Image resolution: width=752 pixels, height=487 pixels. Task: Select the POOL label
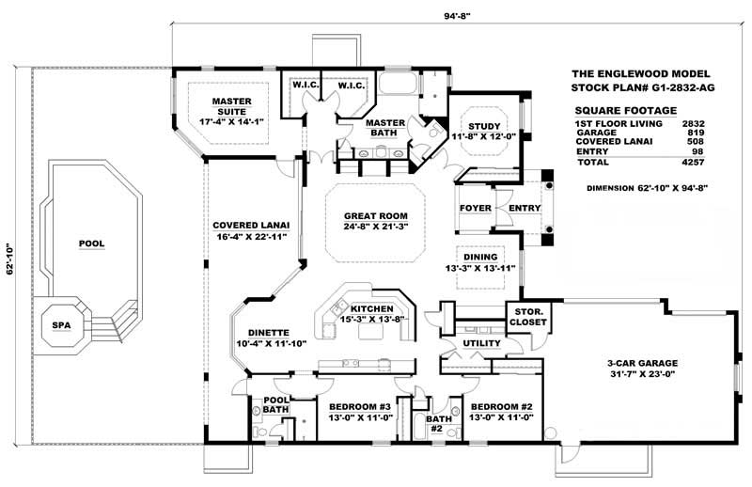(x=92, y=243)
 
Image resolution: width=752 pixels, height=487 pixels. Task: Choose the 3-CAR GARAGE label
(x=643, y=362)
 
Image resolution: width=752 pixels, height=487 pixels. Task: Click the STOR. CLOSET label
(x=526, y=320)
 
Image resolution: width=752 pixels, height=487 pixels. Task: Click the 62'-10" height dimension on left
(x=11, y=259)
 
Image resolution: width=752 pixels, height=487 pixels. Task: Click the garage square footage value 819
(x=696, y=134)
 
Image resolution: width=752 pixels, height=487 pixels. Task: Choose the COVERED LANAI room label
(x=251, y=226)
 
